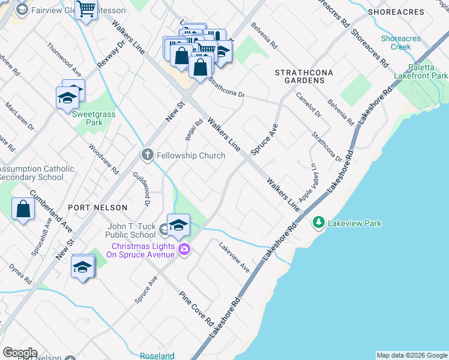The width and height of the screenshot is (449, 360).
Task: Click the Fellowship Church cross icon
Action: point(147,155)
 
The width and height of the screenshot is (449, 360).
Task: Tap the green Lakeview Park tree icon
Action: point(319,223)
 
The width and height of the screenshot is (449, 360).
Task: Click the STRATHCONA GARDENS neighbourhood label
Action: point(304,76)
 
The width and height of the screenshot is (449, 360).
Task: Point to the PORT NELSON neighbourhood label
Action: point(98,208)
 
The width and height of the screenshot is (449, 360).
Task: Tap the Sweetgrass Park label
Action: point(87,118)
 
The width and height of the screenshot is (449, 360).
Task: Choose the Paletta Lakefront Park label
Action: point(420,71)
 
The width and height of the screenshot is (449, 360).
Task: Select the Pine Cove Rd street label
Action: point(197,308)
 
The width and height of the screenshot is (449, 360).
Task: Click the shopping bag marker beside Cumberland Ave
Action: point(23,209)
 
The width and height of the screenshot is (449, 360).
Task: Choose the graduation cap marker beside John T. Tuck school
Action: point(178,226)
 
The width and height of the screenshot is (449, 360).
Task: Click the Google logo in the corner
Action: point(20,353)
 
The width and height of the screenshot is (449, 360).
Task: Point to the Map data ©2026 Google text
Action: point(412,355)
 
